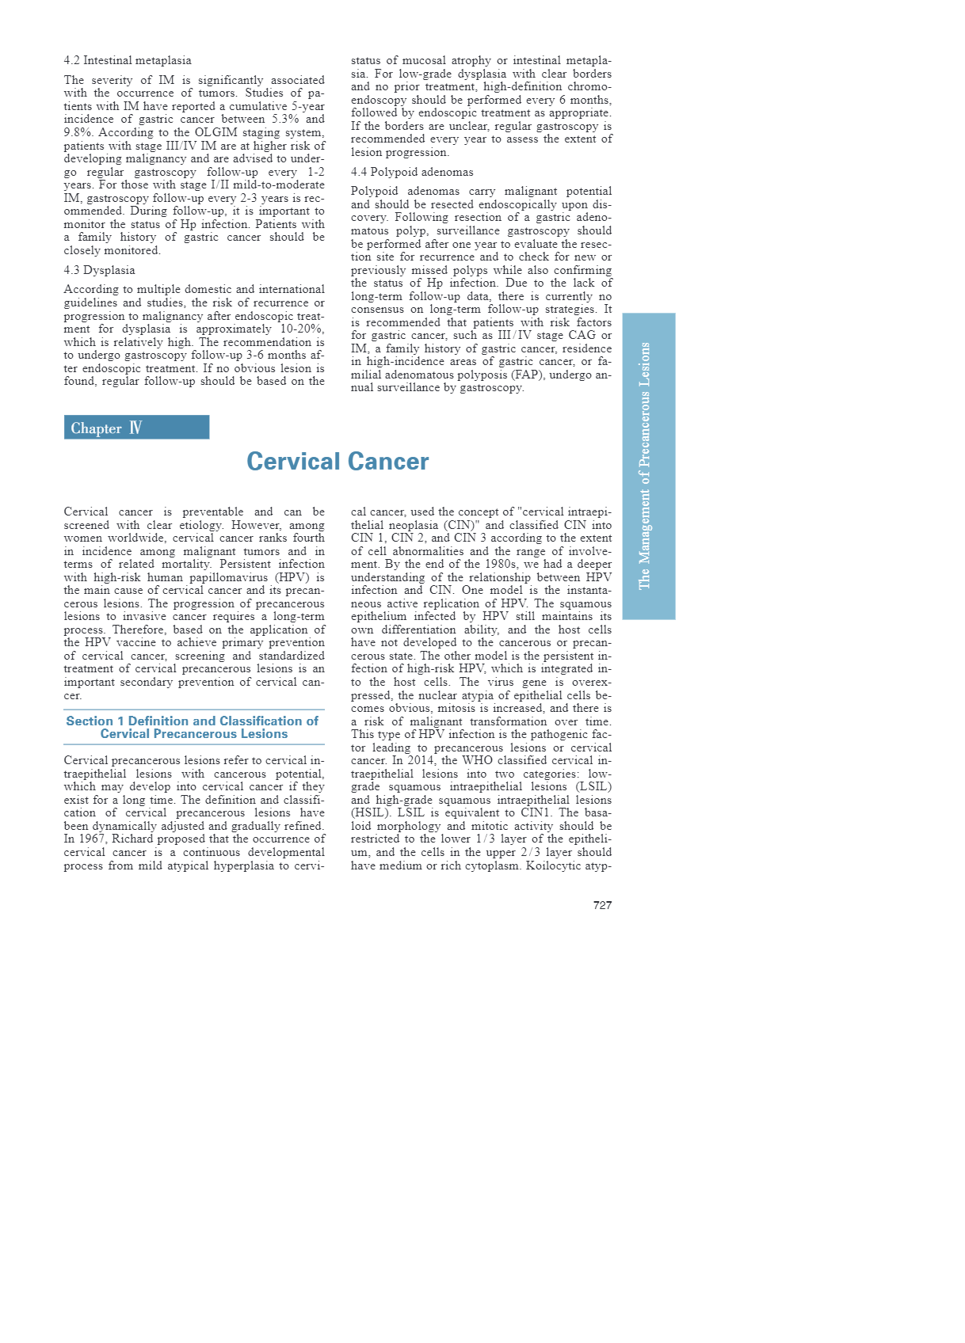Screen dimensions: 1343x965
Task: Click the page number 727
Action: pos(602,905)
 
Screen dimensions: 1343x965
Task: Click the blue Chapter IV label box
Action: pos(136,428)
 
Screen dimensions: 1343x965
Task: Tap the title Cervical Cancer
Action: pos(338,462)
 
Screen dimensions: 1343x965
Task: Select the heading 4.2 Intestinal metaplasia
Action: pos(128,60)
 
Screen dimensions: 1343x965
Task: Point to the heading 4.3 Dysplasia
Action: pos(99,270)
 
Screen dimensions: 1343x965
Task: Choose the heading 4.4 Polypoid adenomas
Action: pos(412,172)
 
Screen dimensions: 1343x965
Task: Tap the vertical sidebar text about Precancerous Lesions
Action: pos(646,466)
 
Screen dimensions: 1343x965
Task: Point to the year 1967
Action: pos(92,839)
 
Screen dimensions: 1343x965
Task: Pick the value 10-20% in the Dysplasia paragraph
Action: pos(301,329)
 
